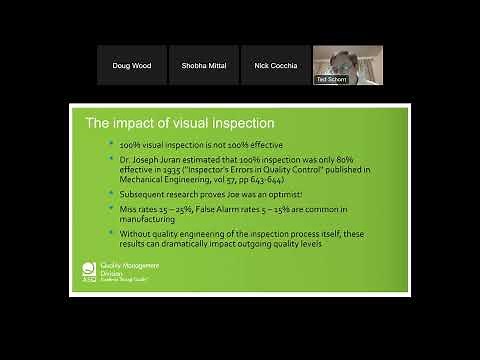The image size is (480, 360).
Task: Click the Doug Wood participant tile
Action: click(x=132, y=65)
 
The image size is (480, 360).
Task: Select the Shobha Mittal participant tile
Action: click(x=204, y=65)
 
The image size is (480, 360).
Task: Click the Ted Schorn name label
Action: click(x=332, y=79)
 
